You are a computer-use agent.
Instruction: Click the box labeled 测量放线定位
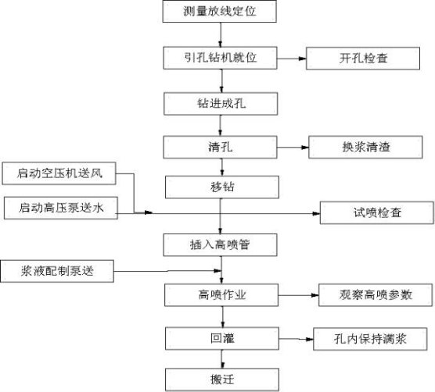click(x=219, y=11)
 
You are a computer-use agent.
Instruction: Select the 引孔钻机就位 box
click(x=220, y=58)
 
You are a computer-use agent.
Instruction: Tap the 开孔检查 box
click(x=363, y=59)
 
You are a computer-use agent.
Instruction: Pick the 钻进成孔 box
click(x=221, y=104)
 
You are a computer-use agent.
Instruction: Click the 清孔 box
click(x=220, y=147)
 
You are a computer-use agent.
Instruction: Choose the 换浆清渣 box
click(x=365, y=147)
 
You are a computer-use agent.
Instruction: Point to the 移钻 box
click(x=222, y=187)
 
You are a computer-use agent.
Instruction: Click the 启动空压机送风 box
click(x=59, y=173)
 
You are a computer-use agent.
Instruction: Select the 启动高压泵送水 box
click(x=61, y=208)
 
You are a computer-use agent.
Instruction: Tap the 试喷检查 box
click(x=377, y=212)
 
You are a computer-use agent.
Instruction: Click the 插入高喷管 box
click(x=220, y=244)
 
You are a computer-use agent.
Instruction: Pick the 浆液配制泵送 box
click(x=57, y=271)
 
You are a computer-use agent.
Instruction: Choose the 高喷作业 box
click(x=221, y=295)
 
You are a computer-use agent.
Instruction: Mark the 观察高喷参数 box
click(x=376, y=295)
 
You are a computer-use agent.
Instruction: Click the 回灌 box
click(x=222, y=339)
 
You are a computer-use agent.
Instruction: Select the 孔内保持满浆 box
click(x=370, y=339)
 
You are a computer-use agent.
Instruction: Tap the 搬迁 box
click(x=222, y=380)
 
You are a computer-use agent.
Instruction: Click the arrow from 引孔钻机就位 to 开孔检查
click(x=292, y=59)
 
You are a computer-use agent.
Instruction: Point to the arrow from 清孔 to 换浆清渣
click(x=293, y=148)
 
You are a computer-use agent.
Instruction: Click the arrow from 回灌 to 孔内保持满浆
click(x=297, y=339)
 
